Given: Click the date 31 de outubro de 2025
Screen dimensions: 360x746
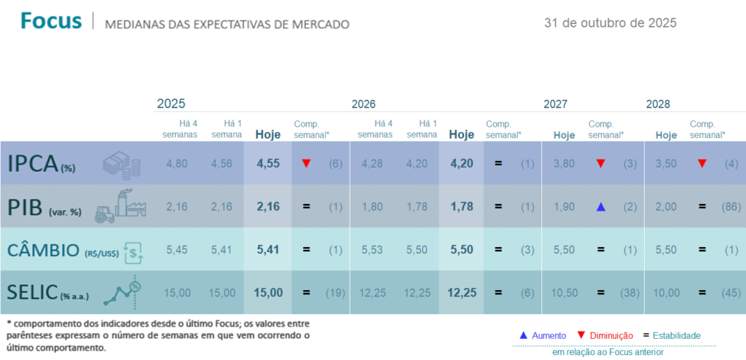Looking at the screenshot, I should pos(610,23).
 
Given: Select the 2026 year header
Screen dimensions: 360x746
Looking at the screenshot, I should pos(364,104).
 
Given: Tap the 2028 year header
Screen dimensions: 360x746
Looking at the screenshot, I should pos(658,104).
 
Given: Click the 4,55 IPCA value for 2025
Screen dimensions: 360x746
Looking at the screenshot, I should pos(267,163).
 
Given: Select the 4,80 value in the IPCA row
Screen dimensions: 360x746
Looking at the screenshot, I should pos(177,163).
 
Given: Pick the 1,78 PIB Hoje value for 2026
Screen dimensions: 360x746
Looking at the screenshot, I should pos(461,206).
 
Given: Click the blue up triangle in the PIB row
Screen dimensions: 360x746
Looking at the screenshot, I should pos(600,207).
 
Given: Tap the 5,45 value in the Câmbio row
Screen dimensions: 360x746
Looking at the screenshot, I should pos(177,249).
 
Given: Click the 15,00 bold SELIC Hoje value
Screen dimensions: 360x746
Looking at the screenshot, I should pos(267,292).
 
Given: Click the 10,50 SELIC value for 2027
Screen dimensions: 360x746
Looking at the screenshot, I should pos(564,292).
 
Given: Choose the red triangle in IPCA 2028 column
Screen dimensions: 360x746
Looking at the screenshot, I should pos(702,163).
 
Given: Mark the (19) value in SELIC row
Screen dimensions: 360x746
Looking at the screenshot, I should pos(335,292).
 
